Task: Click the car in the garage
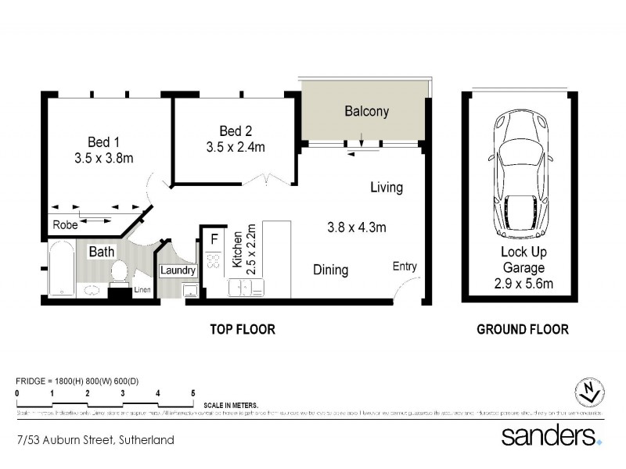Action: pos(520,177)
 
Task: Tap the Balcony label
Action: pos(366,112)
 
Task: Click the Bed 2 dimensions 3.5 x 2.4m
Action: pos(236,147)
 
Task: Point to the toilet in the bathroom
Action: pos(120,272)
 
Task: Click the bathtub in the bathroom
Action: pos(62,270)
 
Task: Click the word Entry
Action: pos(405,267)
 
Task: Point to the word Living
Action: pos(387,188)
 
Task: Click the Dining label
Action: pos(330,270)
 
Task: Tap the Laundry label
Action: pos(178,271)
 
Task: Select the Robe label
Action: pos(64,225)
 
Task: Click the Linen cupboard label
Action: pos(142,291)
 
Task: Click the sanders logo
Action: pos(550,435)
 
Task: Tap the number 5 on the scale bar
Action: pos(192,393)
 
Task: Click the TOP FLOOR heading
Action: pos(242,329)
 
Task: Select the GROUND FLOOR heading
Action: pos(523,329)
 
